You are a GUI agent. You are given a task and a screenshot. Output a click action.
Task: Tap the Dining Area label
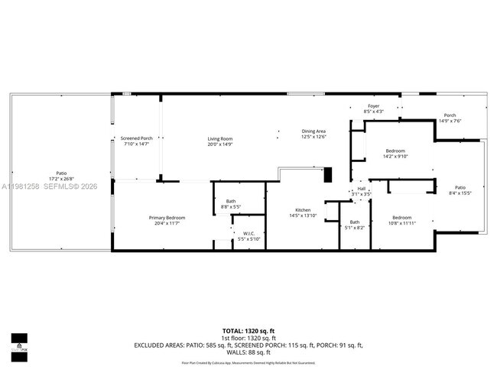313,131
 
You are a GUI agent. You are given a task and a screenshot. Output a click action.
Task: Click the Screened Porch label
136,138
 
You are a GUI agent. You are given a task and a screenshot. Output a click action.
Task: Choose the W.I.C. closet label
248,234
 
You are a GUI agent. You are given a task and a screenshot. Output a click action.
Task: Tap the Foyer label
373,106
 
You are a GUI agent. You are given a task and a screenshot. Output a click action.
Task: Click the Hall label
362,188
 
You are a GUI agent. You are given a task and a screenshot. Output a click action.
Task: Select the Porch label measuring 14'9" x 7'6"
450,115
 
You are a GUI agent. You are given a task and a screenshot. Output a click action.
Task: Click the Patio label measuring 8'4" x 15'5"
460,187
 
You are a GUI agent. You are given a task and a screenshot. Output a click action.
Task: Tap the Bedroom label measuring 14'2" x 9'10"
395,151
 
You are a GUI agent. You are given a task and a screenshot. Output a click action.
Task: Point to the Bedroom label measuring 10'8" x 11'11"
402,217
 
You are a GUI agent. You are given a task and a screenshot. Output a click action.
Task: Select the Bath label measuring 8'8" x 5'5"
230,202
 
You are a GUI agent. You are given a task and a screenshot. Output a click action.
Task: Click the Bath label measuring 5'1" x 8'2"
355,222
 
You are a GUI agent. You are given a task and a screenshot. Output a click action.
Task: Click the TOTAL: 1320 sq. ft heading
248,329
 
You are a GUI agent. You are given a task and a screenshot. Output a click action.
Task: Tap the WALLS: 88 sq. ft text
248,353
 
